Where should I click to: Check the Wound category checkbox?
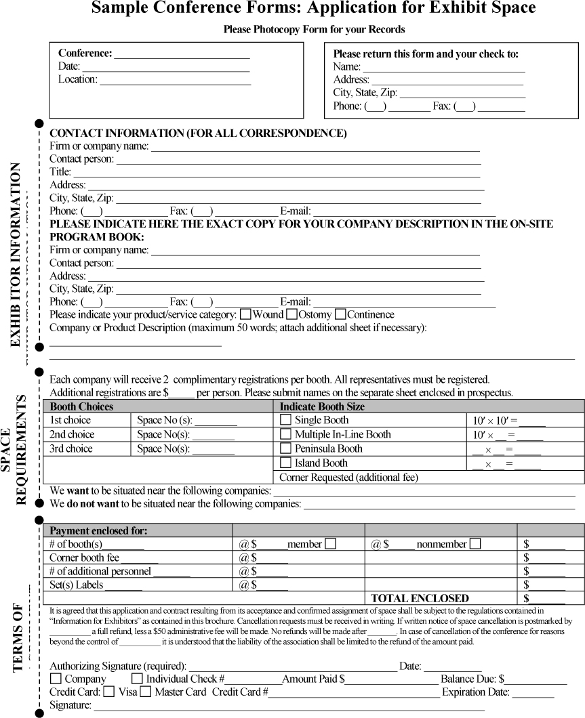click(246, 314)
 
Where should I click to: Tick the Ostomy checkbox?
click(292, 314)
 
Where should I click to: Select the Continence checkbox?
click(340, 314)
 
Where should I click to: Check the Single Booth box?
click(285, 420)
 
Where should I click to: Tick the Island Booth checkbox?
click(285, 463)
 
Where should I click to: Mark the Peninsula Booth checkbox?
click(285, 448)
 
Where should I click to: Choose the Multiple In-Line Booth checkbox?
click(285, 434)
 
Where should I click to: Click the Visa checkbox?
click(109, 692)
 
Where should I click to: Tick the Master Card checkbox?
click(146, 692)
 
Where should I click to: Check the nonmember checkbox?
click(475, 543)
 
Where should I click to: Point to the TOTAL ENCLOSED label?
click(420, 598)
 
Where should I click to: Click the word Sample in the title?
click(120, 9)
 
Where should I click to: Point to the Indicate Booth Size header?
click(322, 406)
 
